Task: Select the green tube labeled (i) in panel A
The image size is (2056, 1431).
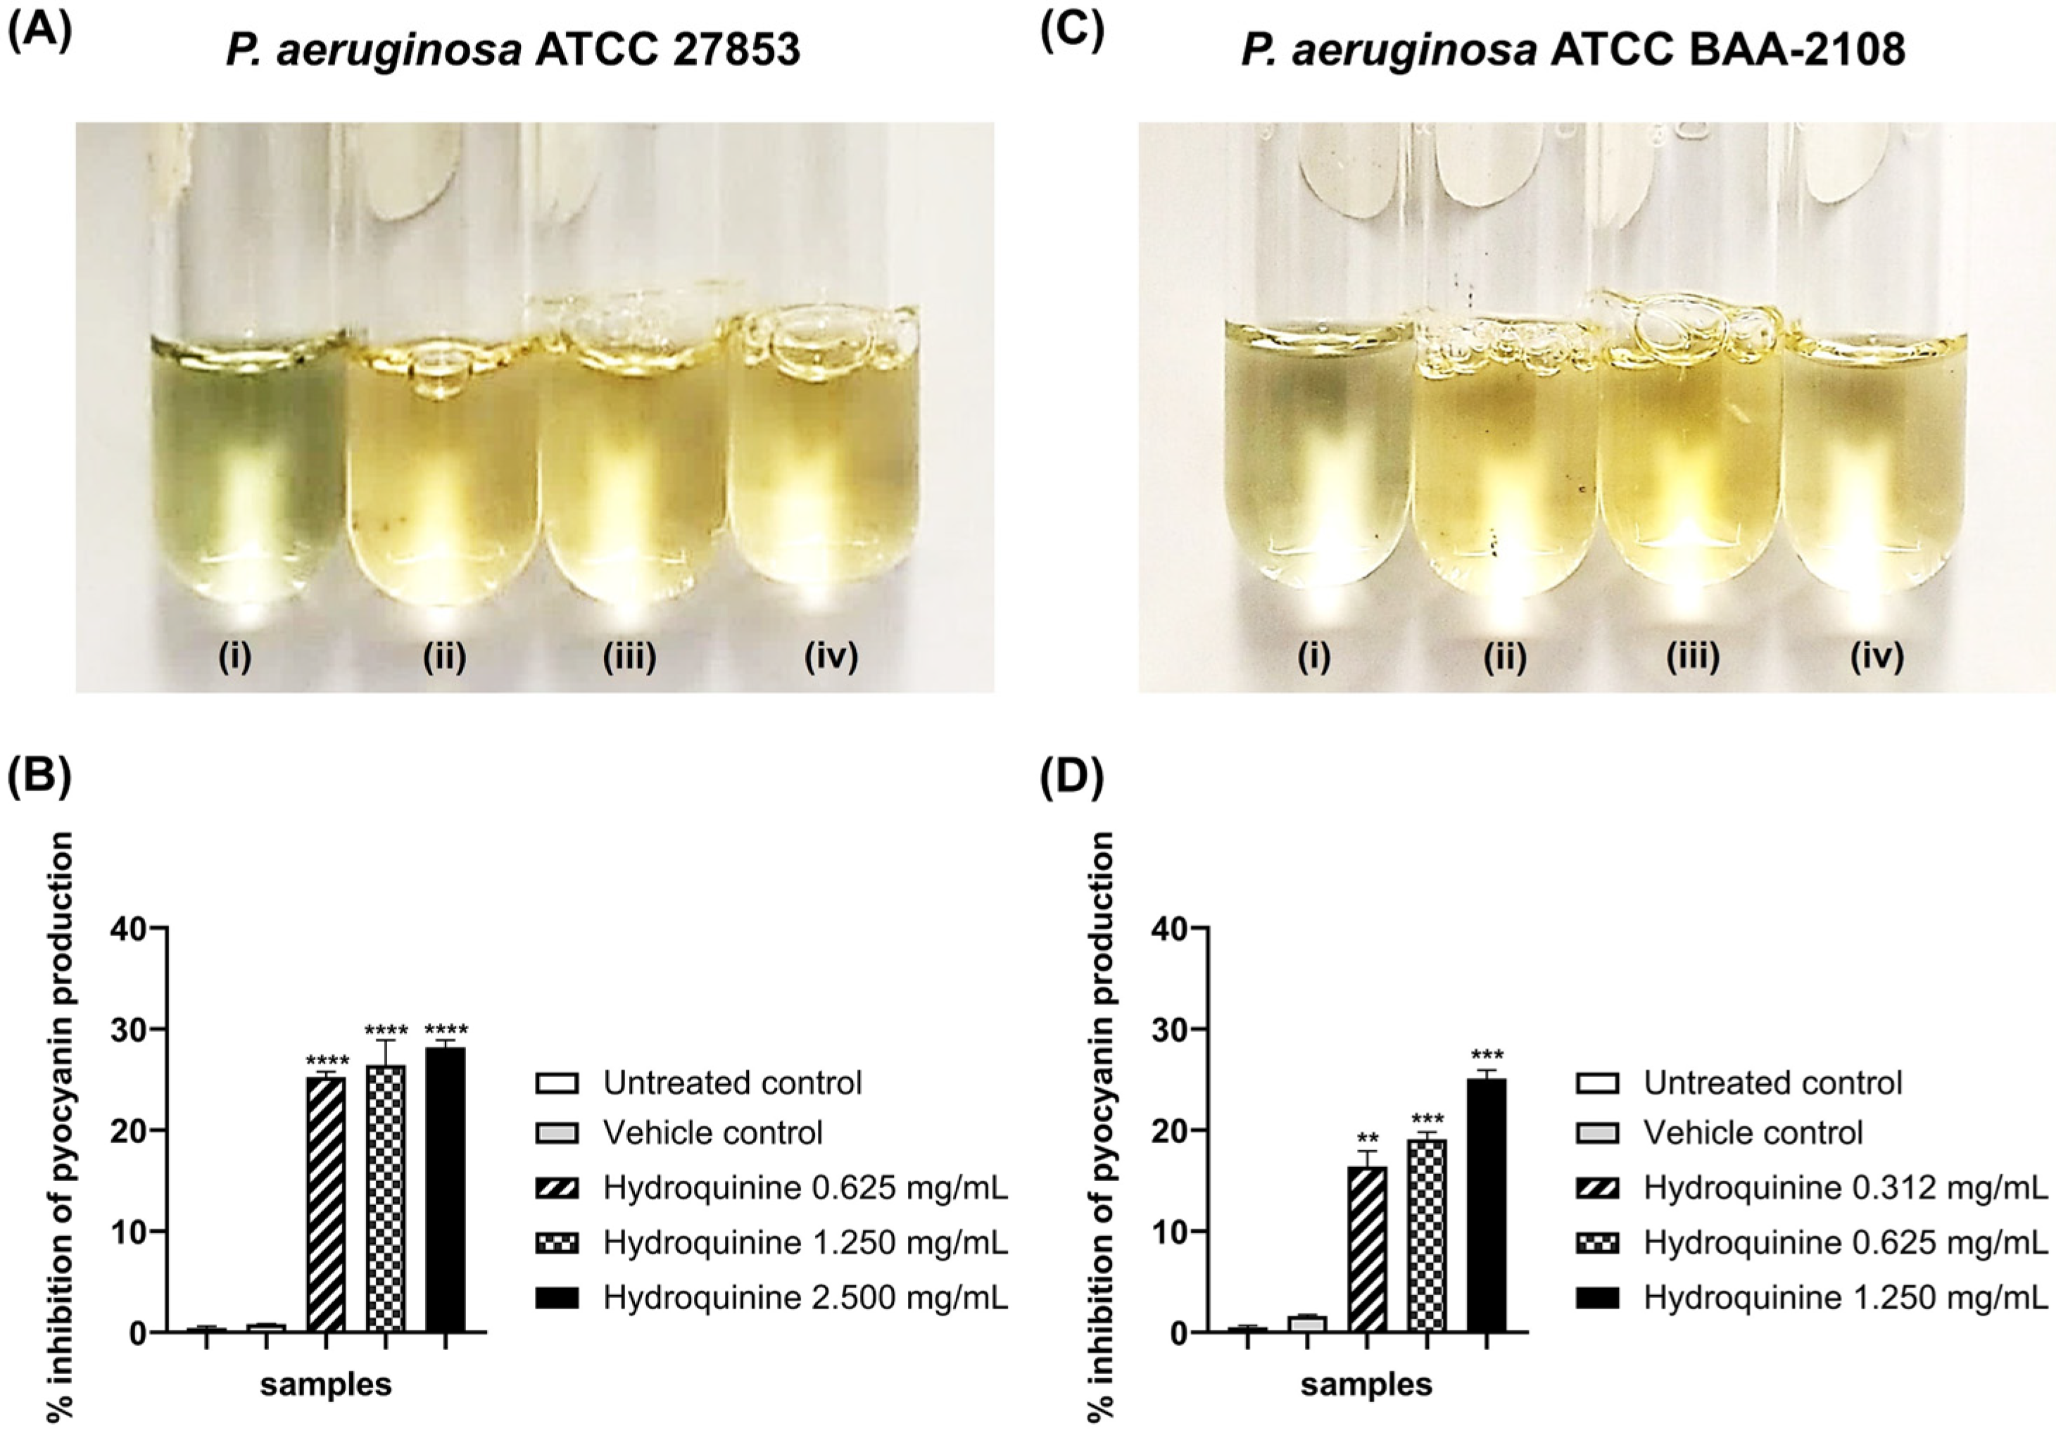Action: tap(246, 466)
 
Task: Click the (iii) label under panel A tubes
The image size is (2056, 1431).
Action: tap(629, 657)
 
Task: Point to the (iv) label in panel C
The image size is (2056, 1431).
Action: tap(1877, 657)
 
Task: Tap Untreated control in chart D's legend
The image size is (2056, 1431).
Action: tap(1772, 1083)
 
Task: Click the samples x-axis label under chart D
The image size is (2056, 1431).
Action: tap(1366, 1385)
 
